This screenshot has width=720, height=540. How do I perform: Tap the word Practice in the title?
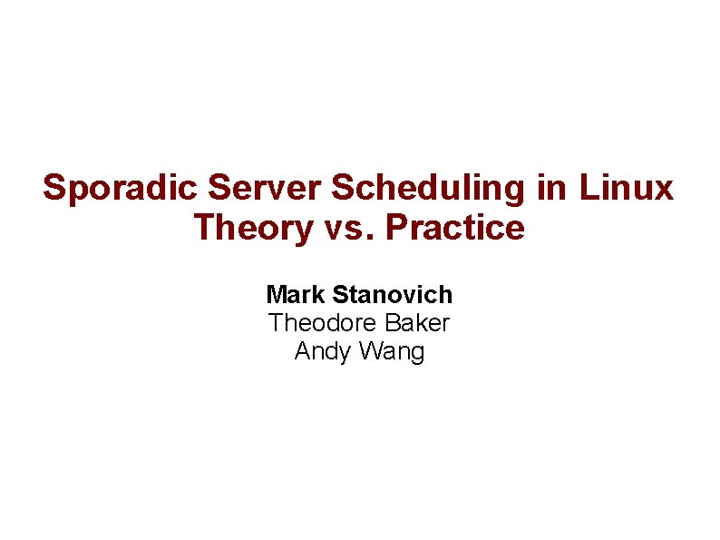coord(455,227)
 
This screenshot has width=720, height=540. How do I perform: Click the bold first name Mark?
coord(297,295)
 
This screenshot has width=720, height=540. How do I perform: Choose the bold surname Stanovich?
coord(393,295)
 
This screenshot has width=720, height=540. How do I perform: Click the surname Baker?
coord(419,323)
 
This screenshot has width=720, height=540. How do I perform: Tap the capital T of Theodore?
coord(276,323)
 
